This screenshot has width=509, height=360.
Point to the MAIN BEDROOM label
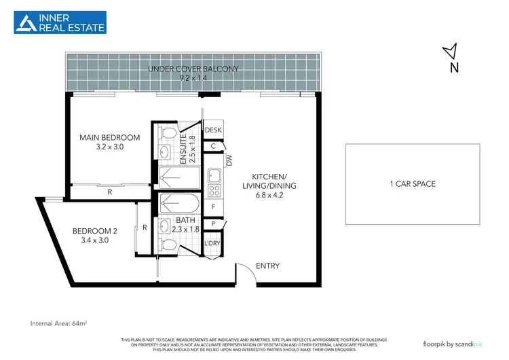point(109,137)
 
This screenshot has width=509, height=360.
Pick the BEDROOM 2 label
point(95,231)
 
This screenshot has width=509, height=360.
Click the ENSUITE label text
point(182,149)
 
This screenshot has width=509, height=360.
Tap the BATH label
point(185,220)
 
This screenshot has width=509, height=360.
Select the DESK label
point(213,130)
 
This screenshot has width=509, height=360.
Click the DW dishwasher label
point(229,161)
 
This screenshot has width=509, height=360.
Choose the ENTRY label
point(267,266)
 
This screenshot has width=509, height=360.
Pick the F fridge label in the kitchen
point(213,206)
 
